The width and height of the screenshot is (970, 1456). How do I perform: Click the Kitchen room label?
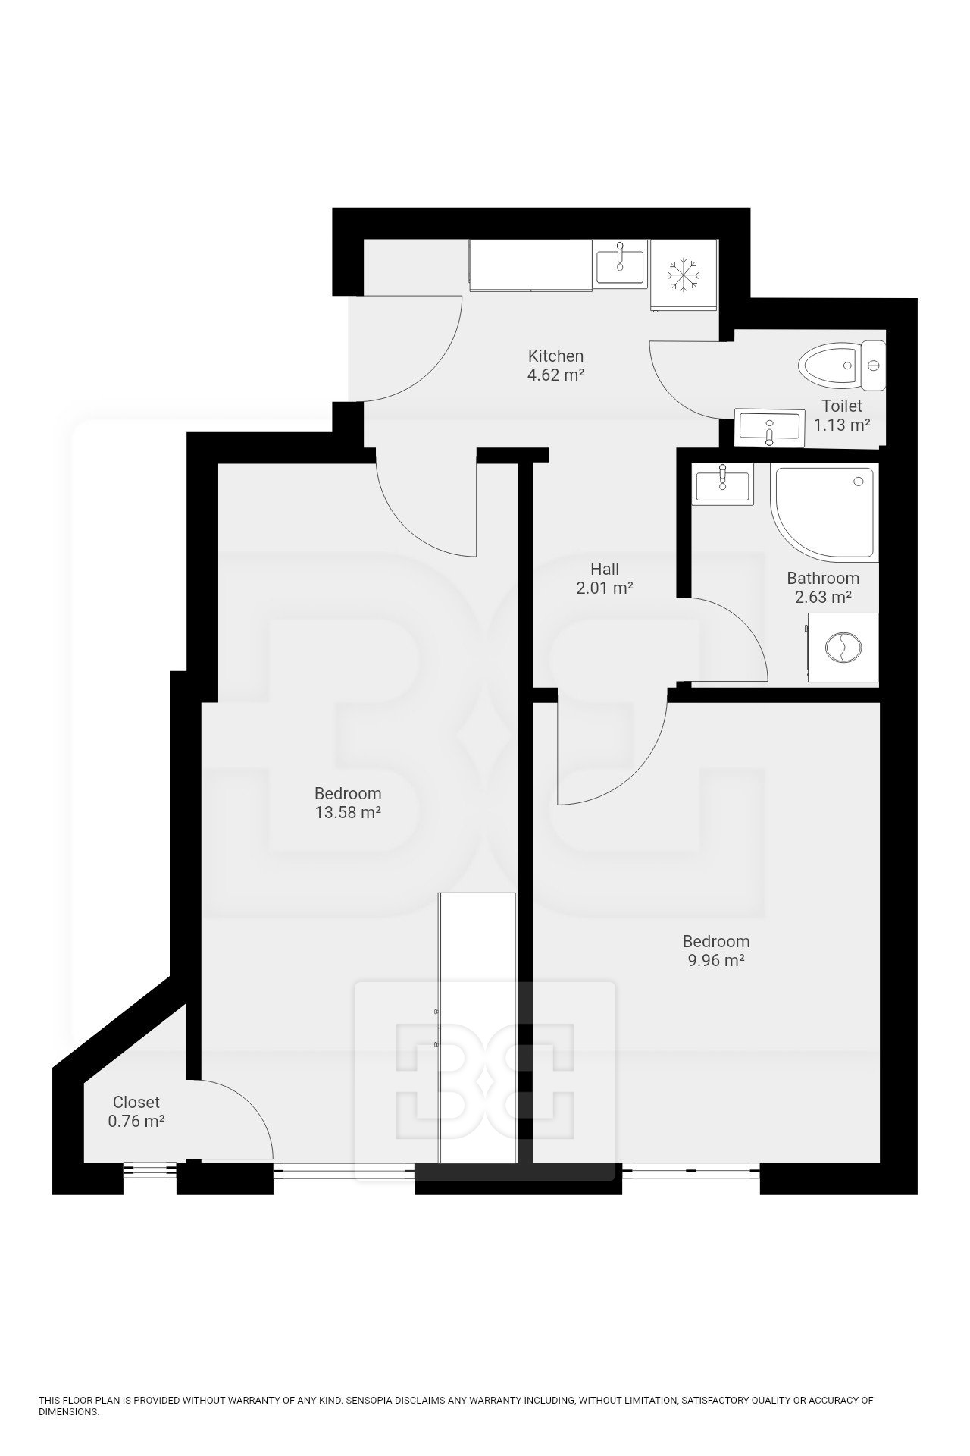point(555,356)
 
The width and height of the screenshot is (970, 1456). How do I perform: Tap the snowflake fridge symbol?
point(684,275)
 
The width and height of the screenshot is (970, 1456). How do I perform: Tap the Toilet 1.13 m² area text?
point(841,425)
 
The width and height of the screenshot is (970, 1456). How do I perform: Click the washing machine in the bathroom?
point(842,647)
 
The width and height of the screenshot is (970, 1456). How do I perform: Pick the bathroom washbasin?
point(722,484)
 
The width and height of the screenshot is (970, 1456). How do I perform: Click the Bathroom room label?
point(822,578)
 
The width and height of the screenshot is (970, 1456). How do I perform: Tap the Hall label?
point(605,569)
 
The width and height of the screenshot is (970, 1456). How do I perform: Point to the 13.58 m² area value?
point(348,813)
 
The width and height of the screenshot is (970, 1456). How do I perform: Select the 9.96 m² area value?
point(716,961)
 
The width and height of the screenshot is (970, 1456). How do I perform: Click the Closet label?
point(136,1102)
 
